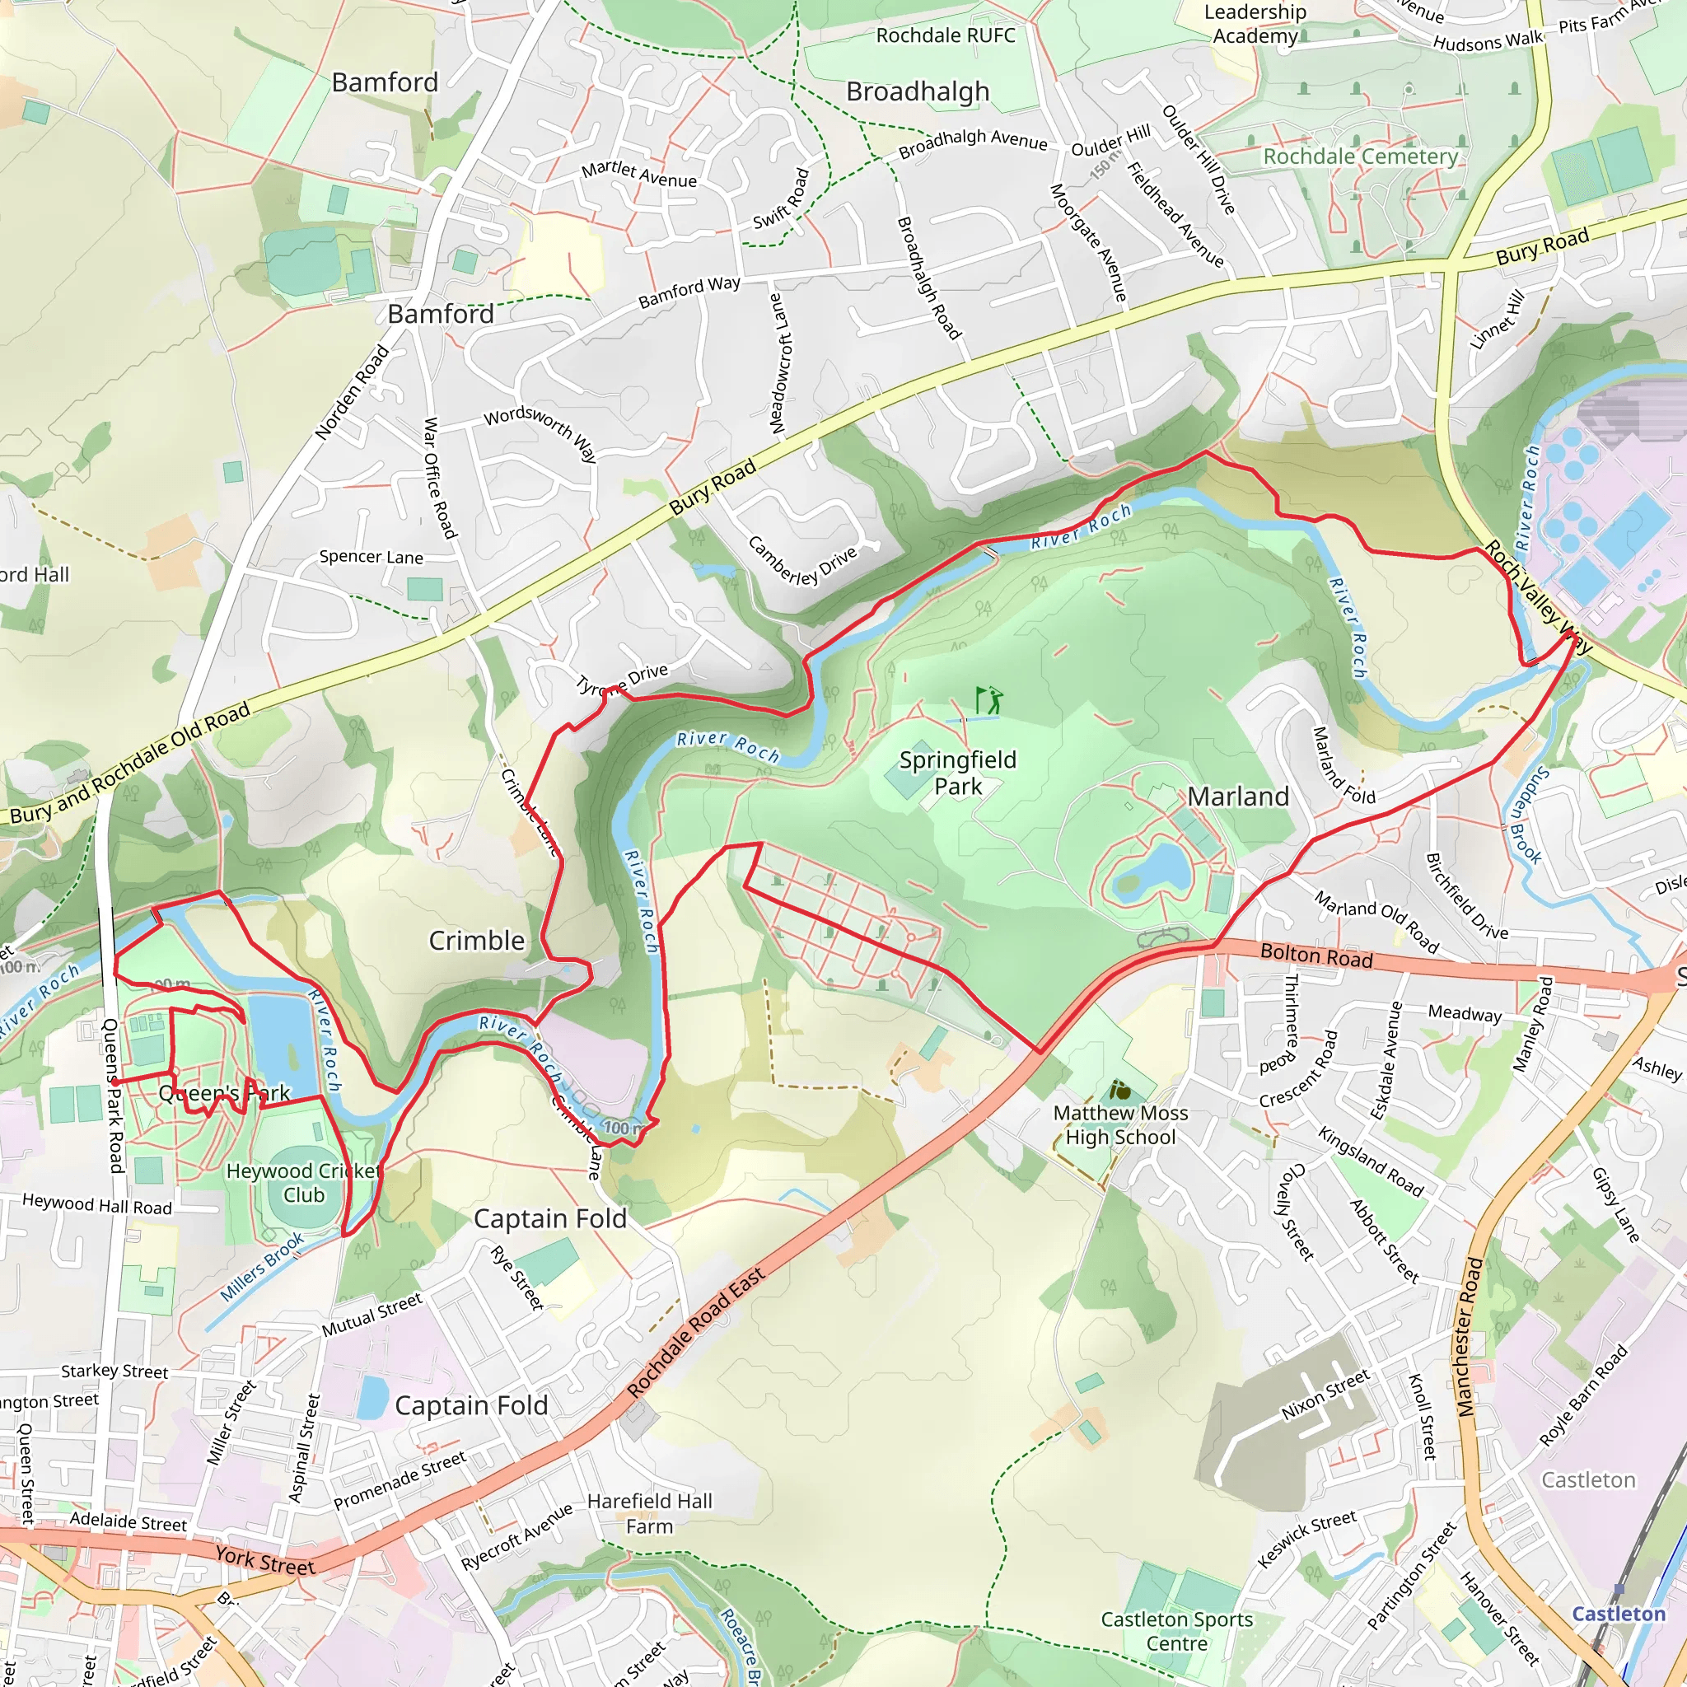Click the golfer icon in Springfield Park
click(x=988, y=700)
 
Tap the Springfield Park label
click(x=958, y=773)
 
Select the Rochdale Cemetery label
click(x=1361, y=157)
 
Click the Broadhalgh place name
click(x=918, y=91)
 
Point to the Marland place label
click(x=1237, y=797)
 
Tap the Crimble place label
click(x=477, y=941)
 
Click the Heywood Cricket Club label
click(x=303, y=1182)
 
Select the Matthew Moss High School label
click(x=1120, y=1124)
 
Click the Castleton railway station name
click(x=1618, y=1614)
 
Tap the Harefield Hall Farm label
click(x=650, y=1513)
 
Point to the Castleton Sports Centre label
click(x=1176, y=1631)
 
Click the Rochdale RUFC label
click(x=946, y=35)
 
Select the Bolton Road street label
click(x=1315, y=956)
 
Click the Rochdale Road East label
click(x=696, y=1332)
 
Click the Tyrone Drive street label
click(x=623, y=680)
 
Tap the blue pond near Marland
click(x=1159, y=868)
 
